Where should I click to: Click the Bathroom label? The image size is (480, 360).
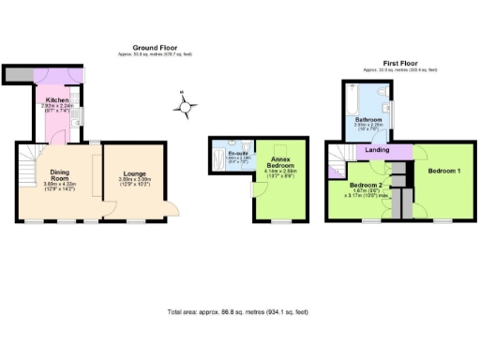pyautogui.click(x=367, y=121)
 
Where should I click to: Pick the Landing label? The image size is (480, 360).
pyautogui.click(x=378, y=150)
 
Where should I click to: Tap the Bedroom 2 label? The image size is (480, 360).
pyautogui.click(x=366, y=186)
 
